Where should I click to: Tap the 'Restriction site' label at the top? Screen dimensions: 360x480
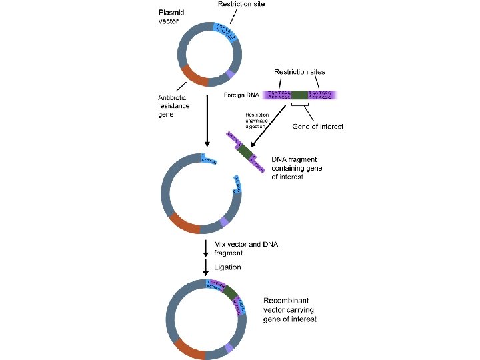(242, 5)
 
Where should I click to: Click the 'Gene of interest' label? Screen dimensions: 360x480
(318, 127)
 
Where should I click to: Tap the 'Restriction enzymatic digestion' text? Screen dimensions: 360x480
(256, 119)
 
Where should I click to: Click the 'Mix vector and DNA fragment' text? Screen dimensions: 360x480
(246, 249)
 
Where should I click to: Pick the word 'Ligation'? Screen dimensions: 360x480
(227, 267)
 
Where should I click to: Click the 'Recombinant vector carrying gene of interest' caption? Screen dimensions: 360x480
(289, 310)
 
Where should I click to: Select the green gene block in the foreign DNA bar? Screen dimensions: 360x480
(299, 95)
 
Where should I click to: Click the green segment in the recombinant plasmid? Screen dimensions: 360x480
(231, 293)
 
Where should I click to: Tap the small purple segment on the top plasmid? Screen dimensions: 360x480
(230, 73)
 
